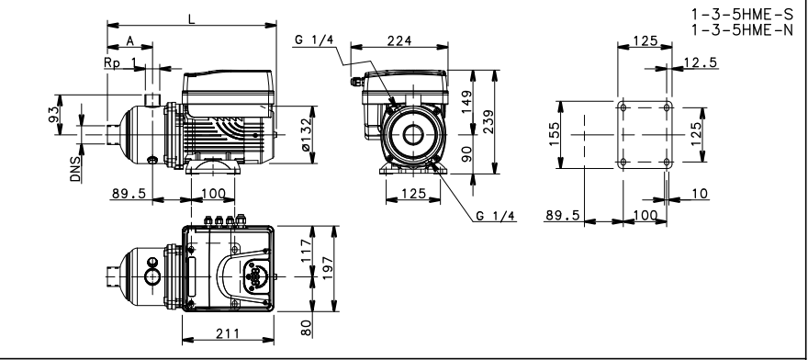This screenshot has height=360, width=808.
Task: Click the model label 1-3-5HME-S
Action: click(742, 14)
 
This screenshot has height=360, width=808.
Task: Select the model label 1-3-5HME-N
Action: click(742, 30)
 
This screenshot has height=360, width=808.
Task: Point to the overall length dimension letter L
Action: click(192, 19)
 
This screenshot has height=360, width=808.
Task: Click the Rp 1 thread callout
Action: click(121, 62)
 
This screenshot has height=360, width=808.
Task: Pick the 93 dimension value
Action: click(53, 115)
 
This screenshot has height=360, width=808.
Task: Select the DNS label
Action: click(76, 169)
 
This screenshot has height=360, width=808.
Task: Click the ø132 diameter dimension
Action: click(306, 135)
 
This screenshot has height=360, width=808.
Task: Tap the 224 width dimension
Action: click(399, 40)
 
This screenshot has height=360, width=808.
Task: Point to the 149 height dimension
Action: click(466, 102)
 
